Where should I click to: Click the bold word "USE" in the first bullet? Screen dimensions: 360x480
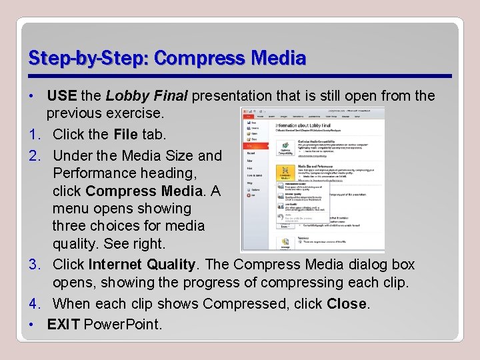pos(62,96)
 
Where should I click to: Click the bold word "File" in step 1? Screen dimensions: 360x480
pos(125,134)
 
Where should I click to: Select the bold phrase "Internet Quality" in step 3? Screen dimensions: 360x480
pos(142,264)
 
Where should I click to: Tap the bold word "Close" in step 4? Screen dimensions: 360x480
pos(347,303)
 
